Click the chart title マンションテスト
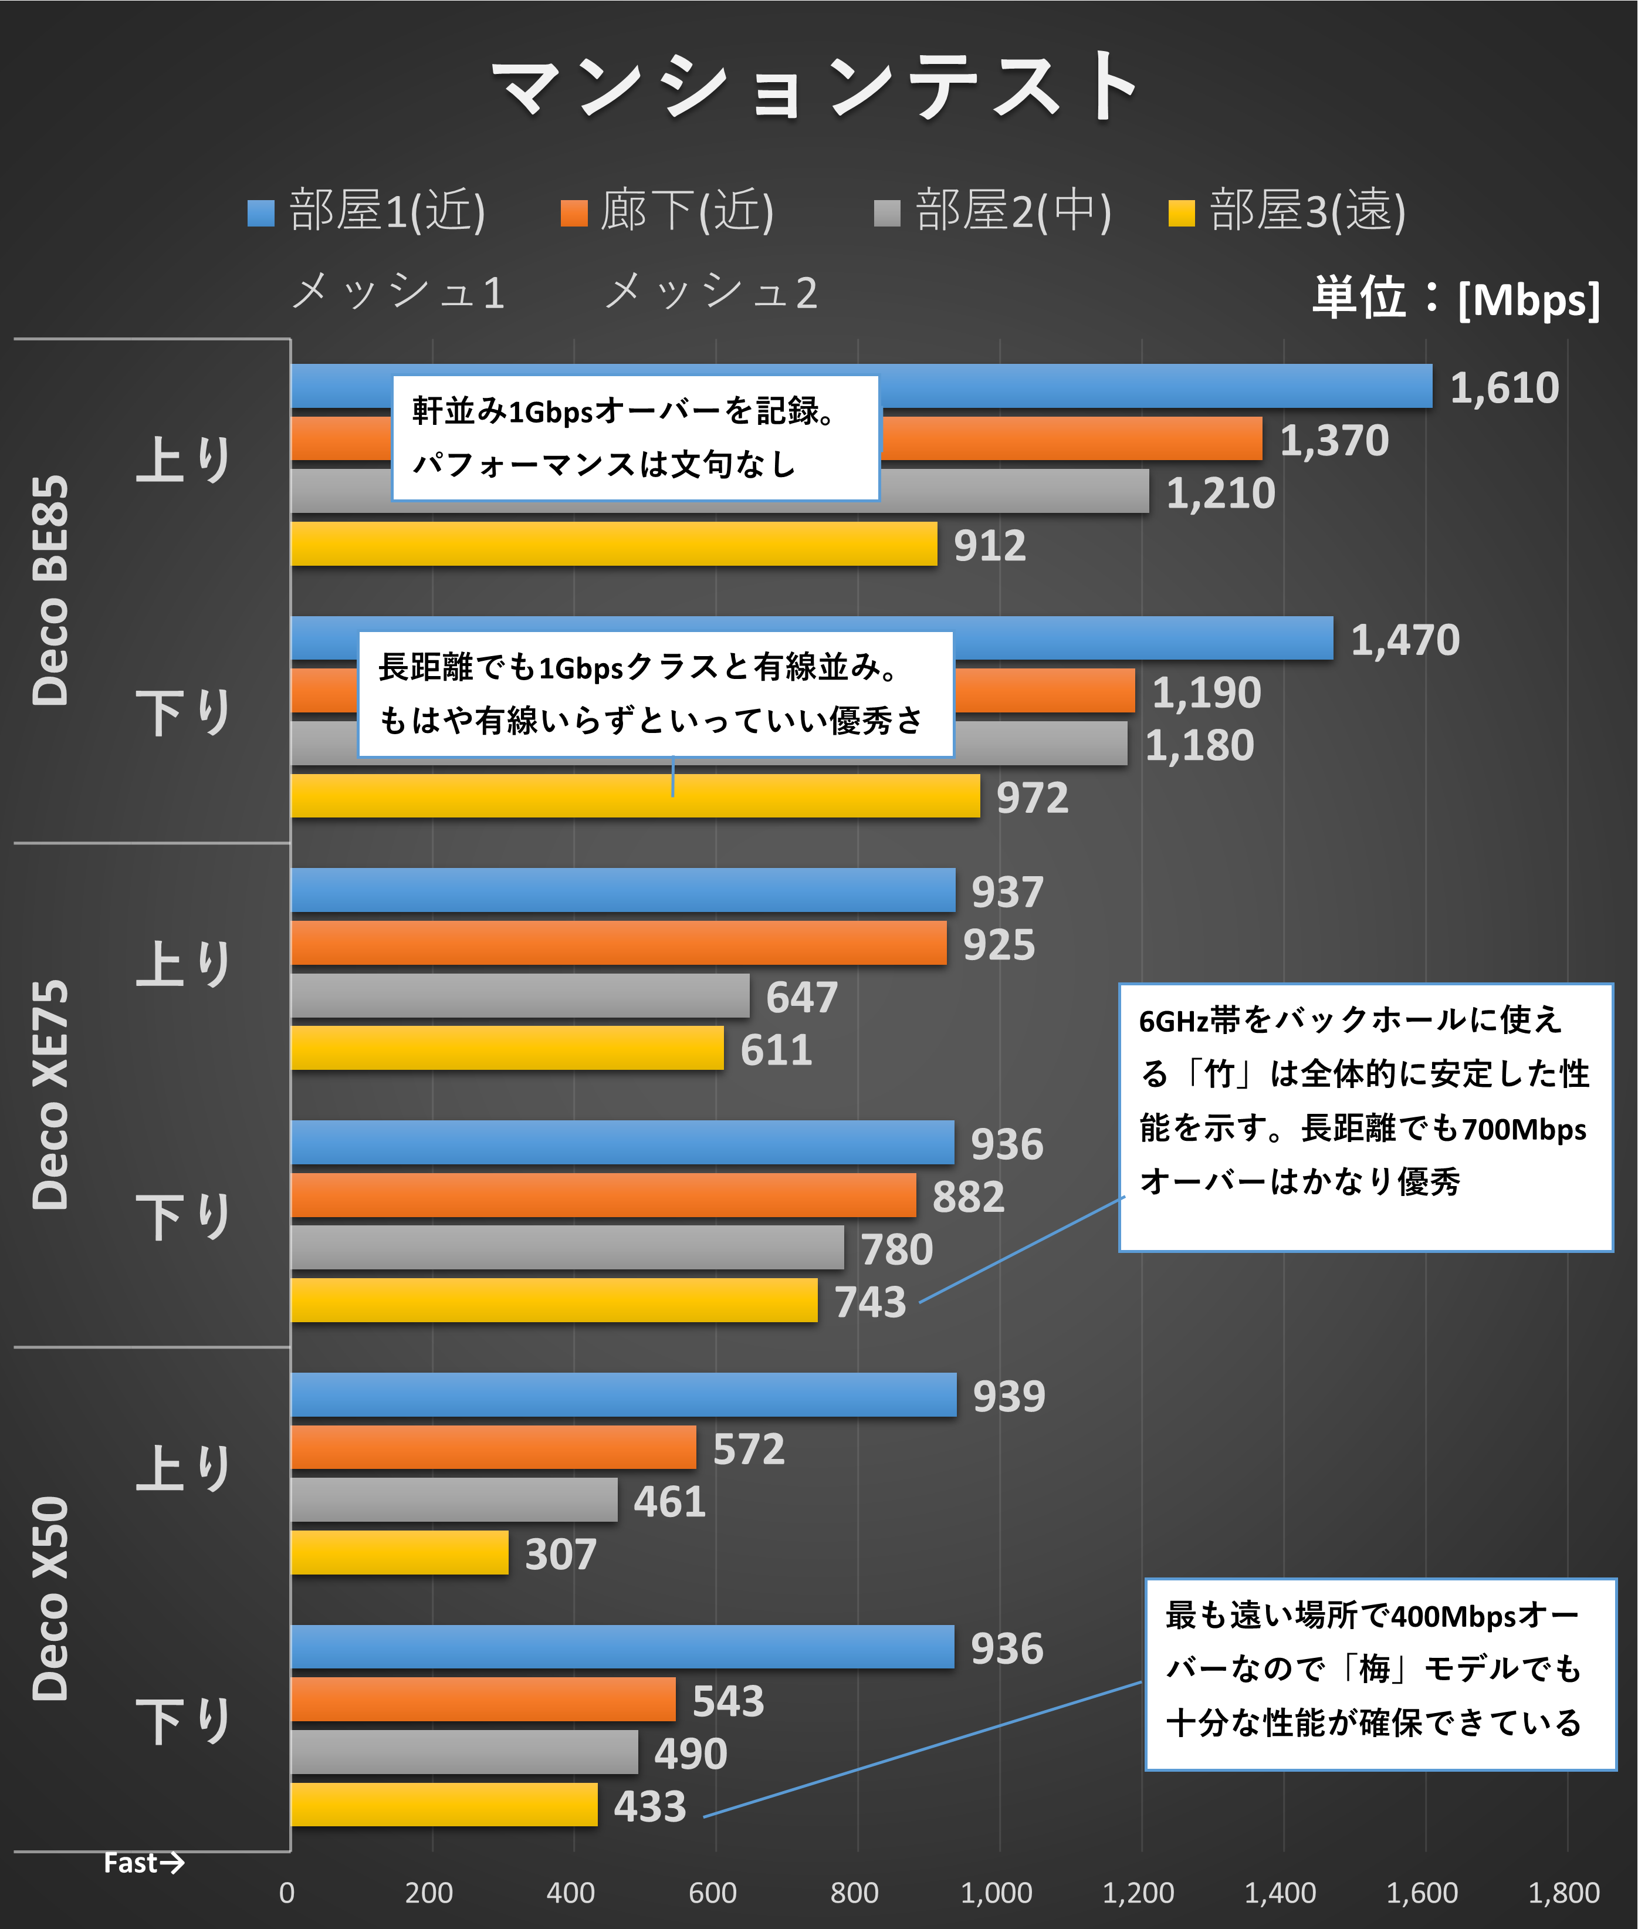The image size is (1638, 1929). tap(817, 86)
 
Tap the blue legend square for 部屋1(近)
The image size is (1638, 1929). tap(261, 212)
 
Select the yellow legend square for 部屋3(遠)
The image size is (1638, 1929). tap(1181, 212)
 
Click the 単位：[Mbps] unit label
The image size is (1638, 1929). tap(1455, 298)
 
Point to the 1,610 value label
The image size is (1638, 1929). tap(1504, 387)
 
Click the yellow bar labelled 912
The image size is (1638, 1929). tap(613, 544)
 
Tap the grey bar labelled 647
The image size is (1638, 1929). tap(520, 996)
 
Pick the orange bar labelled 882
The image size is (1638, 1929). tap(604, 1195)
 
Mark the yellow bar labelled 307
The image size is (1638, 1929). tap(400, 1553)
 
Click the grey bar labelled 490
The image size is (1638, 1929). tap(464, 1752)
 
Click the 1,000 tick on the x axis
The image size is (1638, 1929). tap(996, 1892)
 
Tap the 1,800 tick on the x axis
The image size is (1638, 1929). tap(1563, 1892)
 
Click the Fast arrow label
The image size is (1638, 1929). tap(143, 1862)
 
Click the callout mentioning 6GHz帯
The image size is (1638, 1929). tap(1365, 1117)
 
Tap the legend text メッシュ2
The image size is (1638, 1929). tap(711, 292)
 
